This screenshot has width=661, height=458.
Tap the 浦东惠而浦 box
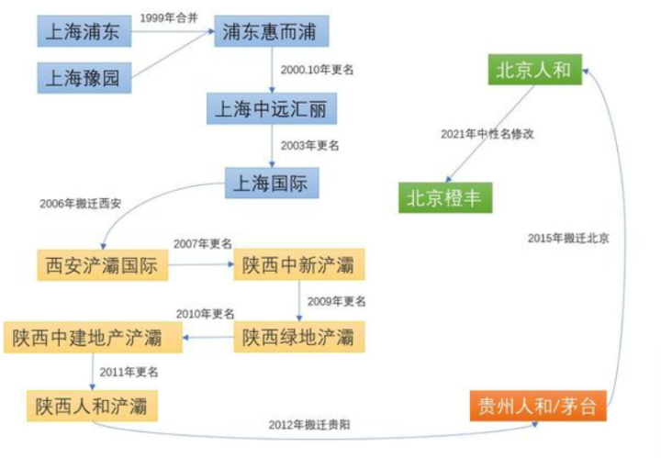pyautogui.click(x=272, y=34)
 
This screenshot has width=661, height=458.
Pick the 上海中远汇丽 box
pyautogui.click(x=272, y=110)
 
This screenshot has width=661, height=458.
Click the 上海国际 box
pyautogui.click(x=272, y=183)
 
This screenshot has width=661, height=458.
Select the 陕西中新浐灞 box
pyautogui.click(x=298, y=265)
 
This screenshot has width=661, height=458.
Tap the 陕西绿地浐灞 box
pyautogui.click(x=298, y=338)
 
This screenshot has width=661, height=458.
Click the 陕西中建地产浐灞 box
pyautogui.click(x=93, y=338)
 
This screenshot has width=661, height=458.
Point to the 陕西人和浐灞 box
pyautogui.click(x=92, y=405)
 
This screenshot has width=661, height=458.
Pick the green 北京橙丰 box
pyautogui.click(x=444, y=196)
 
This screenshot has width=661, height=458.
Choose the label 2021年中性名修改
pyautogui.click(x=487, y=134)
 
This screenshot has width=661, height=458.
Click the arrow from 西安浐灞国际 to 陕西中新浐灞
pyautogui.click(x=199, y=266)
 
